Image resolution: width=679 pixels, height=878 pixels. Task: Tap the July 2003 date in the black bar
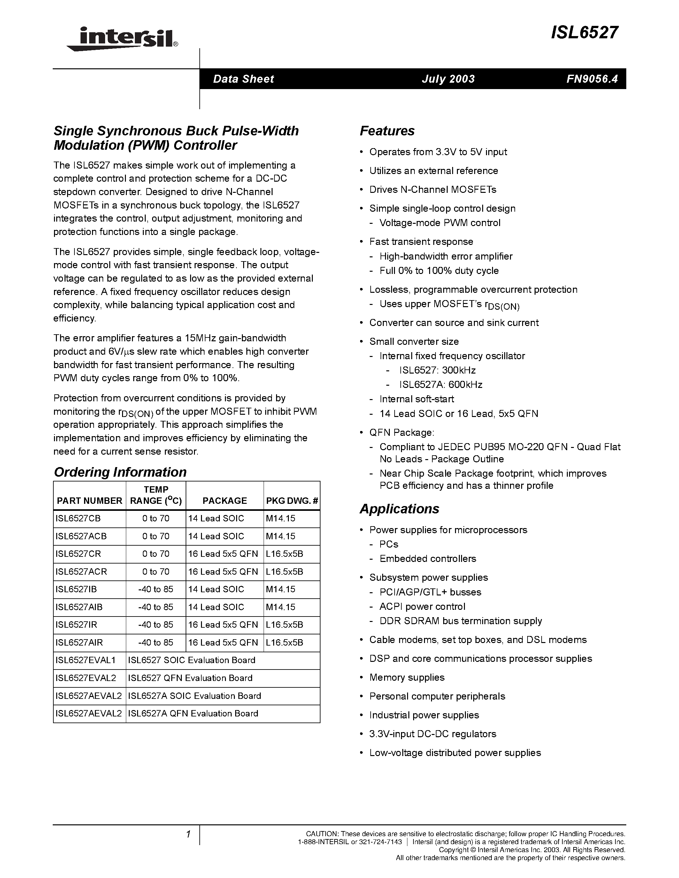(448, 79)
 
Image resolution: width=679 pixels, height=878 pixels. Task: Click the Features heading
(387, 131)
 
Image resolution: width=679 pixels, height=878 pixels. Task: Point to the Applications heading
(399, 509)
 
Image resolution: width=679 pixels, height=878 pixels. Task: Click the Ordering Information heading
(120, 472)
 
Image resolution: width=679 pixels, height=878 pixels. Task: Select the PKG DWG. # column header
(292, 501)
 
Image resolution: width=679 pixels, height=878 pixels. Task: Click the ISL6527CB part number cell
(78, 518)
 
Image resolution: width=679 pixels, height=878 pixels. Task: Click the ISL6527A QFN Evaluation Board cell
(193, 713)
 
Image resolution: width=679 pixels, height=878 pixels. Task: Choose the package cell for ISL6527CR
(223, 554)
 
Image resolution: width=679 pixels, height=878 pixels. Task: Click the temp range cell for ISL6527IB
(156, 589)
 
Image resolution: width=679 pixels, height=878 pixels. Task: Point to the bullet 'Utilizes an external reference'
(434, 171)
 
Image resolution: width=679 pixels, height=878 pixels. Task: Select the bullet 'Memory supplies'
(407, 677)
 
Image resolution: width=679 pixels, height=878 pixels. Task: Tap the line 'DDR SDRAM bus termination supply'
(460, 621)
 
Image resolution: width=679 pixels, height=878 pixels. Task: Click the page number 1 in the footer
(188, 835)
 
